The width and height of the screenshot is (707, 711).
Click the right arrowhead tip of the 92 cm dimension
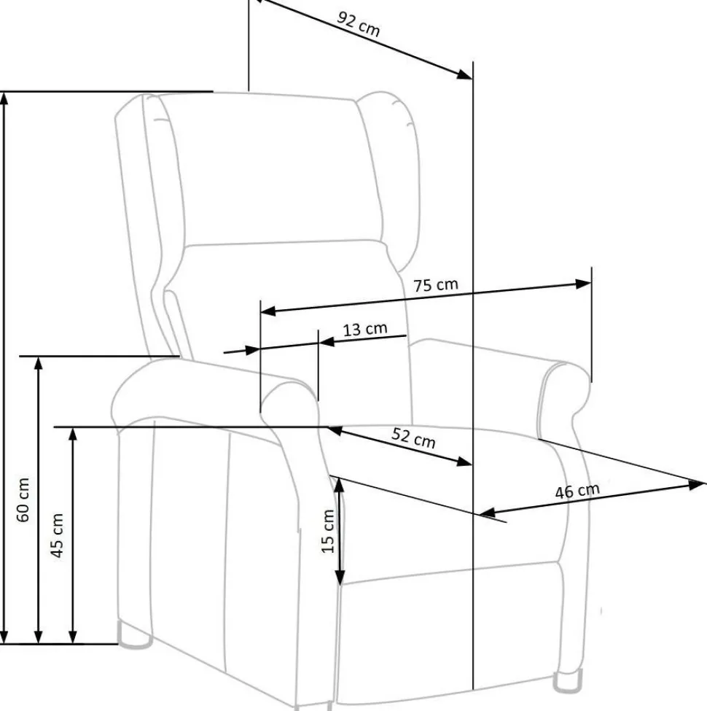click(x=472, y=79)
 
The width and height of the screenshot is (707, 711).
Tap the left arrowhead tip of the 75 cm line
click(x=261, y=312)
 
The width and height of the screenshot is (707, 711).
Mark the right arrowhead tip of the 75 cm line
click(x=591, y=283)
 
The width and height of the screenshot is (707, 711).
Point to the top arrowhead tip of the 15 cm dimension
click(x=339, y=478)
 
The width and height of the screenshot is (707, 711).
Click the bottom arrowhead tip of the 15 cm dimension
click(x=340, y=585)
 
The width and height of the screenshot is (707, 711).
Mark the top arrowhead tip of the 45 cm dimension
click(x=72, y=427)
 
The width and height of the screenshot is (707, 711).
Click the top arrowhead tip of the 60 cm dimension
click(x=4, y=93)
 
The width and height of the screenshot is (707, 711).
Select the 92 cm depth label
click(x=358, y=24)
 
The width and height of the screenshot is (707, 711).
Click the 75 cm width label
click(x=436, y=285)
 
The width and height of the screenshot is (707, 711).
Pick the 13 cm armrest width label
click(x=365, y=329)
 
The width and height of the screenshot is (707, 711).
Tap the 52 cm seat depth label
click(x=413, y=438)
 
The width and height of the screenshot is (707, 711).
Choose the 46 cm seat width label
click(x=577, y=491)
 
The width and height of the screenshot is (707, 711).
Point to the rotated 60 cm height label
click(x=23, y=500)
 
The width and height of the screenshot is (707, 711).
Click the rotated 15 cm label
click(x=328, y=531)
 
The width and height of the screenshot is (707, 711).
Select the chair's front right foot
click(x=567, y=680)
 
